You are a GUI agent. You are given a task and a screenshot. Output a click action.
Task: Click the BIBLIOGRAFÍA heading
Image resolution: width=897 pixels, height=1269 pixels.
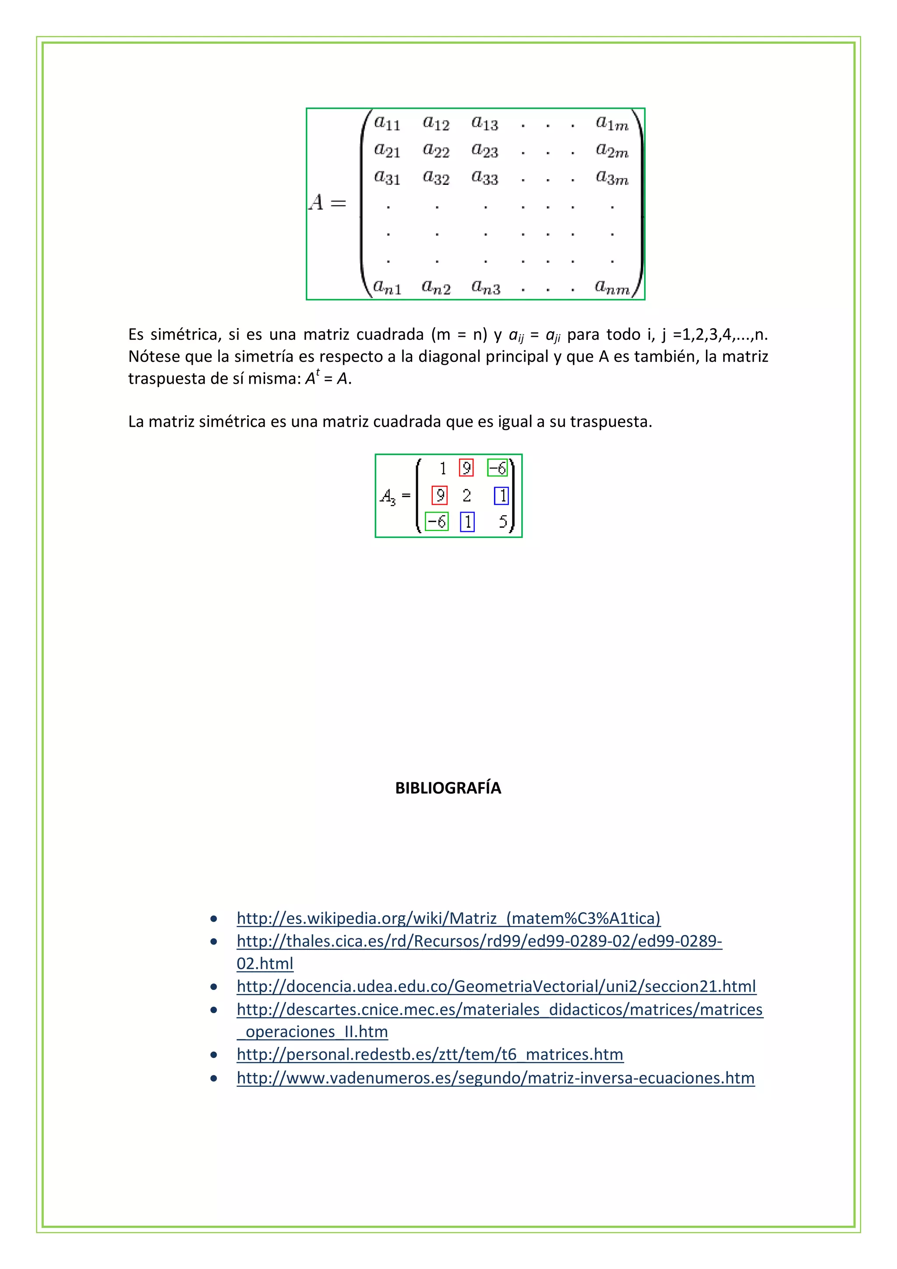[x=448, y=788]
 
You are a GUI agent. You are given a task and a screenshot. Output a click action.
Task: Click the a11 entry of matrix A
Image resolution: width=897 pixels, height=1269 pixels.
[x=387, y=123]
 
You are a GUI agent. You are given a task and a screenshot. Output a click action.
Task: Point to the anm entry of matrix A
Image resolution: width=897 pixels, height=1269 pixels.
[x=612, y=286]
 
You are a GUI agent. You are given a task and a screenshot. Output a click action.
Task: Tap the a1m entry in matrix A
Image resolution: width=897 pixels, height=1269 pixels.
[x=612, y=123]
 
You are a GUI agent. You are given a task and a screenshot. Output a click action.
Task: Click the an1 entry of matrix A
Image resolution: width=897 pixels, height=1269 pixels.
[x=387, y=286]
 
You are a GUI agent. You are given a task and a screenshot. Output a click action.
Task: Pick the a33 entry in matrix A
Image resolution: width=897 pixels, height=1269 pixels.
[x=485, y=177]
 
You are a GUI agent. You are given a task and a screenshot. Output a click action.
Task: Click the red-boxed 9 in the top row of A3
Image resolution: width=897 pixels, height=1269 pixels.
[x=466, y=468]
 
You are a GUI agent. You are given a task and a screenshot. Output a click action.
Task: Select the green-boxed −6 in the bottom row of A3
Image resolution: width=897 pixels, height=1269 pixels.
[x=437, y=521]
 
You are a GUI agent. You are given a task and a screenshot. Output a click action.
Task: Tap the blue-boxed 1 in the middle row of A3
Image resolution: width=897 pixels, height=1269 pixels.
[x=501, y=496]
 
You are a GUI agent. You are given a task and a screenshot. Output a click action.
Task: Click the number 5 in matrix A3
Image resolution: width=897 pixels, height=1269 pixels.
[x=502, y=521]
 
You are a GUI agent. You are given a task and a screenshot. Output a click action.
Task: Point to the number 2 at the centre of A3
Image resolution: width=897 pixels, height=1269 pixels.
[x=467, y=496]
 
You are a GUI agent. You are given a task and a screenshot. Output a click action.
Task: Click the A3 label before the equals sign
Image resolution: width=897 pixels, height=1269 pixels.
[x=388, y=496]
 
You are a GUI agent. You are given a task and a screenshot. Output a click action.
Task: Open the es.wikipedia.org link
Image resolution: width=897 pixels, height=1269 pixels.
[x=448, y=918]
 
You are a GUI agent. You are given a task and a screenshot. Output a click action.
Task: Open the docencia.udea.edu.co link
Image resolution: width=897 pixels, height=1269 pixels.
[x=496, y=986]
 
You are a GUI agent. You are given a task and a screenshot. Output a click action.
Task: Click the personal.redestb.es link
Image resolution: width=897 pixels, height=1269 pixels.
[x=429, y=1054]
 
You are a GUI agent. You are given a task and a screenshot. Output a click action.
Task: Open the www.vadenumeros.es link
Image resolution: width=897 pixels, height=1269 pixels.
[x=495, y=1078]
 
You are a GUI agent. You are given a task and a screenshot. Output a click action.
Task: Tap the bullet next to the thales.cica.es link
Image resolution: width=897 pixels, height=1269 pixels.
[x=214, y=941]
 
